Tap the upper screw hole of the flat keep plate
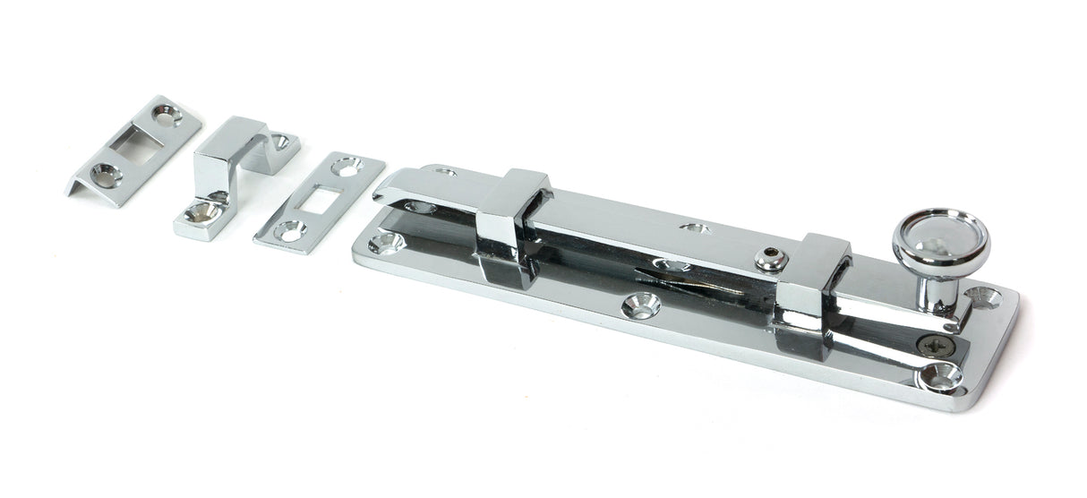click(347, 166)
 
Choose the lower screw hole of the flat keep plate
click(288, 230)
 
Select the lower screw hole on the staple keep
click(201, 212)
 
